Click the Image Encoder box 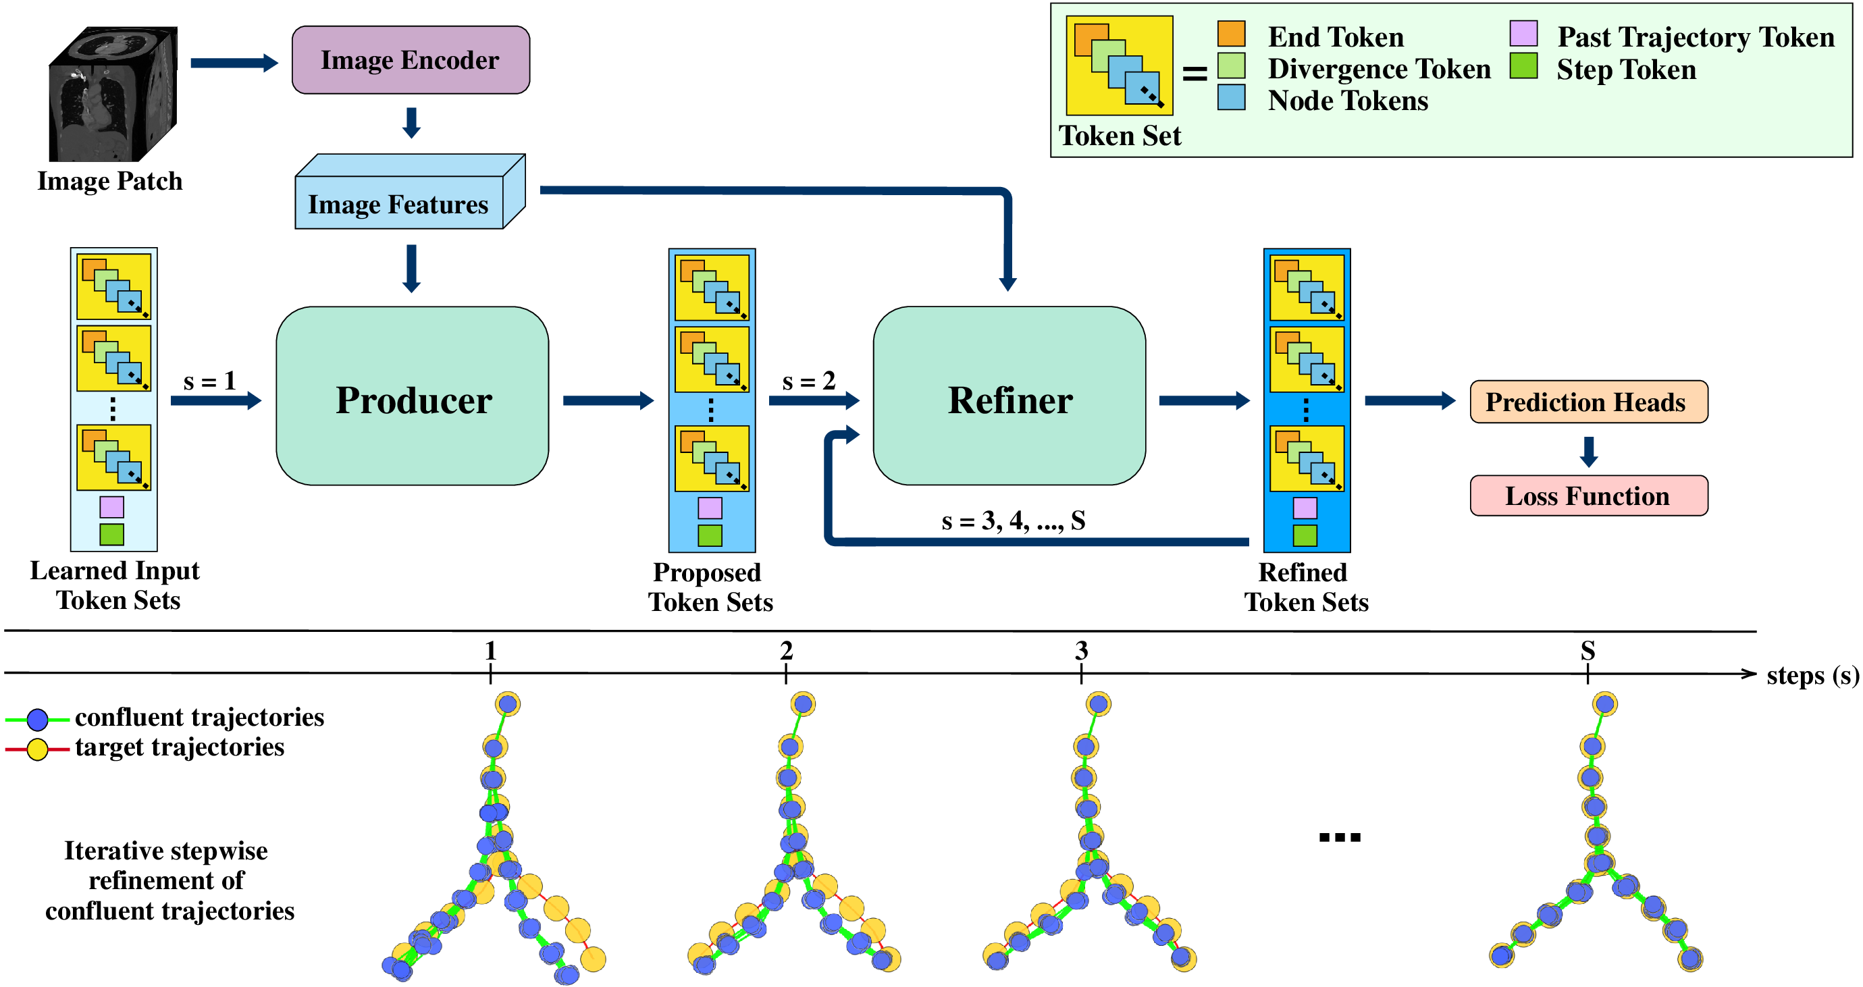pos(410,60)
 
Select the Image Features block pos(399,204)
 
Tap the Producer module pos(412,396)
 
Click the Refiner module pos(1009,396)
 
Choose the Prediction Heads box pos(1588,402)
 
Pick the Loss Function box pos(1588,496)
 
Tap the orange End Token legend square pos(1231,34)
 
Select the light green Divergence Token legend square pos(1231,65)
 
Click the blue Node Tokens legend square pos(1231,98)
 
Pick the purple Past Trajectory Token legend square pos(1523,34)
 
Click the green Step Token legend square pos(1523,65)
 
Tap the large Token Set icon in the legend pos(1119,65)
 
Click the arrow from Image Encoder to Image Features pos(411,123)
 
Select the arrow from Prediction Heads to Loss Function pos(1588,451)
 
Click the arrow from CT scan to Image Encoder pos(233,63)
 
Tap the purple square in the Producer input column pos(111,507)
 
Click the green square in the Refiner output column pos(1305,536)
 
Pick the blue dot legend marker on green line pos(37,720)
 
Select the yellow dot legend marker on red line pos(37,749)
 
